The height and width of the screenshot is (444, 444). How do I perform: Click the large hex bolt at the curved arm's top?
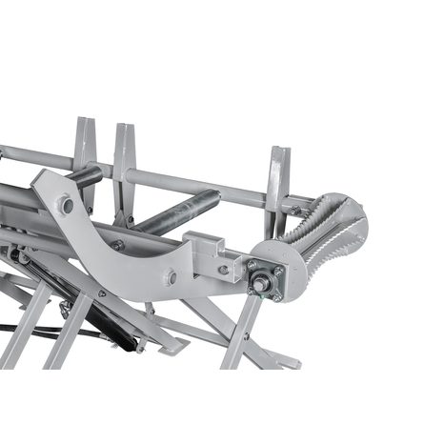click(65, 205)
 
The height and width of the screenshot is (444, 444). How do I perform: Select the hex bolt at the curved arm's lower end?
click(170, 277)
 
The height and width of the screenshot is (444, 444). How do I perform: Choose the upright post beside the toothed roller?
click(277, 181)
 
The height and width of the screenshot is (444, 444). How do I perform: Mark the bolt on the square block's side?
click(221, 270)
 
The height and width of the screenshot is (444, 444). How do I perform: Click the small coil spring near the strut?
click(67, 310)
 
